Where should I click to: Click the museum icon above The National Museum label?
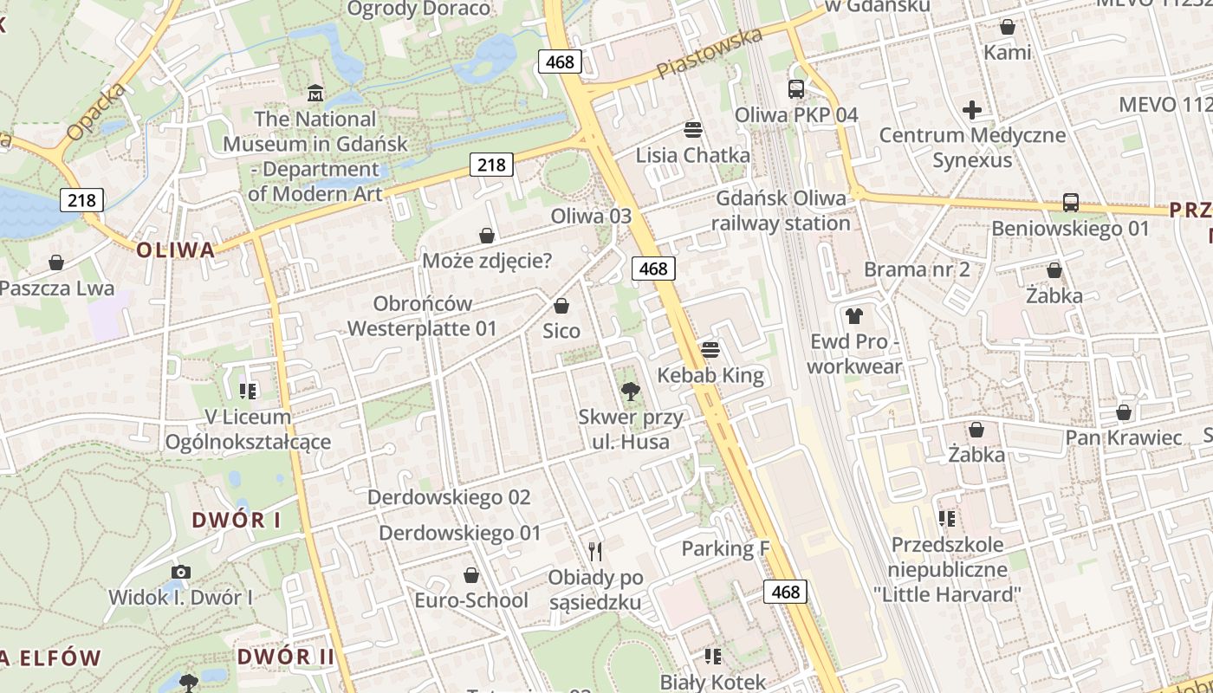point(315,93)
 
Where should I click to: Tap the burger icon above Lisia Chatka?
point(692,130)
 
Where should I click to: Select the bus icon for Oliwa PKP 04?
point(796,89)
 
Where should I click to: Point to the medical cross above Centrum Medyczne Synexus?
point(972,110)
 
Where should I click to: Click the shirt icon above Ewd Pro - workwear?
point(854,316)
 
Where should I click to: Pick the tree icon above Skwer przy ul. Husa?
point(632,392)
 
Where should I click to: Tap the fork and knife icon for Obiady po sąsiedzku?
point(595,551)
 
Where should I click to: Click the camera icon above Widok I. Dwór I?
point(180,572)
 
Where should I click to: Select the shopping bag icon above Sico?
point(561,306)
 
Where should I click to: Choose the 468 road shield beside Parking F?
point(785,592)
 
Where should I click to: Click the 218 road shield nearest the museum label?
point(491,164)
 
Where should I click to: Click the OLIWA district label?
point(175,250)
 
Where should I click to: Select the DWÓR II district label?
point(285,657)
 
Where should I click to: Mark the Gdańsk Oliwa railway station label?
point(781,210)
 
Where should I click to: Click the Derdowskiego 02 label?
point(449,497)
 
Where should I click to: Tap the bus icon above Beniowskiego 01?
point(1071,203)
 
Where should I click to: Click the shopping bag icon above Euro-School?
point(471,575)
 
